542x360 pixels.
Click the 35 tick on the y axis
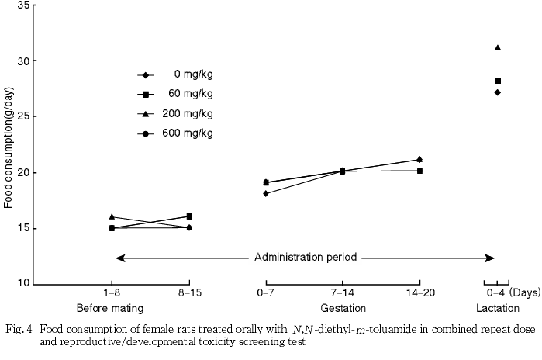[x=24, y=5]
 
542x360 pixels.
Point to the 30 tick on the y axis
[x=24, y=61]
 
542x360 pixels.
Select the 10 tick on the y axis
[x=24, y=284]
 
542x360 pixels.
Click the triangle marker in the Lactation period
[x=498, y=48]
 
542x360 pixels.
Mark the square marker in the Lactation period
[x=498, y=81]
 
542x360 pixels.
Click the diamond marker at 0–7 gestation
[x=266, y=193]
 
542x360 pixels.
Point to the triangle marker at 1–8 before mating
[x=112, y=216]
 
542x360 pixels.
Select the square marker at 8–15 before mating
[x=189, y=216]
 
